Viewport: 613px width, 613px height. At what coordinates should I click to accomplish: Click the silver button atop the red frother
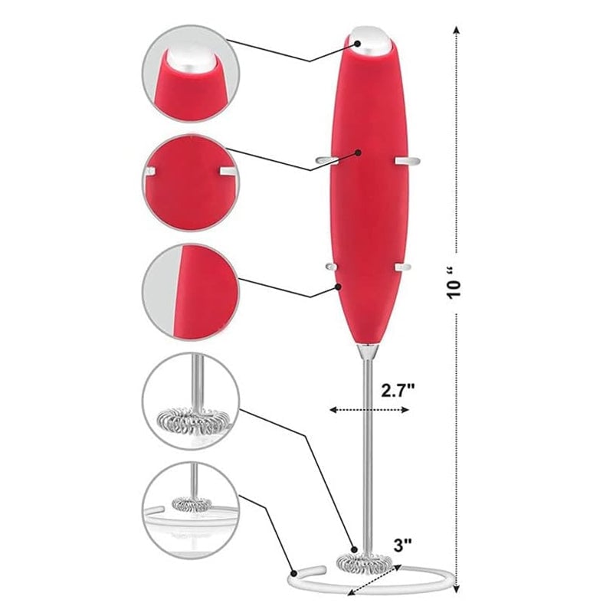click(x=373, y=41)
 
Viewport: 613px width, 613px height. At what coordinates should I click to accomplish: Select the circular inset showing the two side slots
click(x=191, y=182)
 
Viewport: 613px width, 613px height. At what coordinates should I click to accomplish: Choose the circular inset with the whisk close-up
click(x=191, y=401)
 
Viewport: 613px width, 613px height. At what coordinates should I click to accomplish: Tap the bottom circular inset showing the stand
click(x=191, y=510)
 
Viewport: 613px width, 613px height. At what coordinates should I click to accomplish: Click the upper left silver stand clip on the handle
click(x=323, y=160)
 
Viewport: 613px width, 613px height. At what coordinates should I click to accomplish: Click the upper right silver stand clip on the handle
click(x=408, y=160)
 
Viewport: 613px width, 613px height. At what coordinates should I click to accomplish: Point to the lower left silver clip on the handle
click(x=330, y=266)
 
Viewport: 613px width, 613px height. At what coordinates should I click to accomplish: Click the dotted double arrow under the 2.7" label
click(x=369, y=409)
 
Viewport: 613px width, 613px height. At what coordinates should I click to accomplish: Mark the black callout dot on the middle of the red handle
click(x=358, y=152)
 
